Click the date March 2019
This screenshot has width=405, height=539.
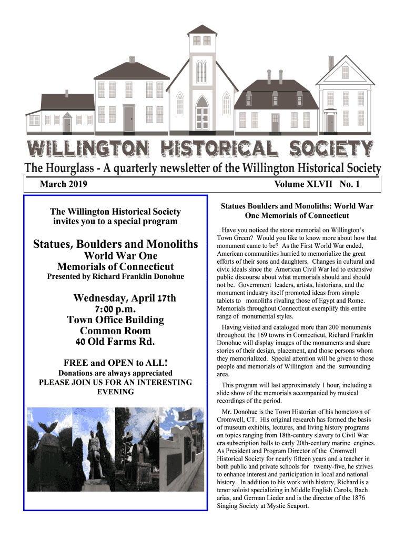64,184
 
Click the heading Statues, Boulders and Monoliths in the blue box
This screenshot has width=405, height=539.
115,244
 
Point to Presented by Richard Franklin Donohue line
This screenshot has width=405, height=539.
115,276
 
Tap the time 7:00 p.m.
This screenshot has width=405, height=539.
115,309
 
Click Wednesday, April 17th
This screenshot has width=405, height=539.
125,298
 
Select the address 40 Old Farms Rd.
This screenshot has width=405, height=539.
115,342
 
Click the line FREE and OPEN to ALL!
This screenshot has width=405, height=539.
115,363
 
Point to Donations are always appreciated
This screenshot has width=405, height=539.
115,373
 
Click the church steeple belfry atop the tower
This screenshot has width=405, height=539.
202,40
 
